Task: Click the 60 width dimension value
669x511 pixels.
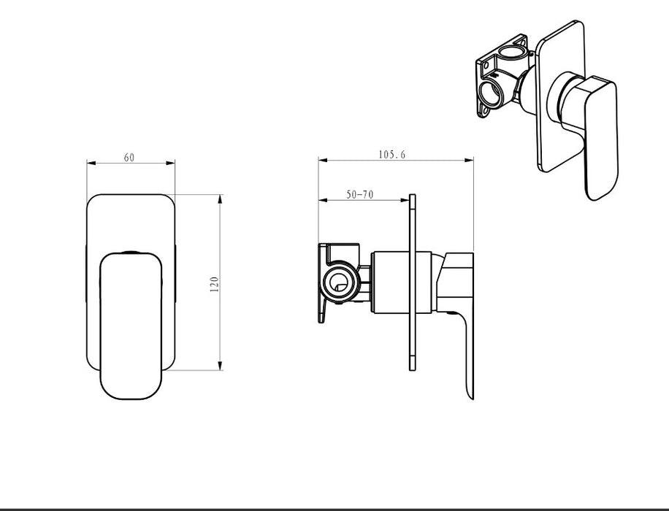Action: click(129, 158)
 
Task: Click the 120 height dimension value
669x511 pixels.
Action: click(214, 284)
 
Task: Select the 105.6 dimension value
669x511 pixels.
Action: click(392, 155)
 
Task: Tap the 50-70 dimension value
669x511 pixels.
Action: click(359, 194)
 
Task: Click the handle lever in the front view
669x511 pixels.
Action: click(131, 326)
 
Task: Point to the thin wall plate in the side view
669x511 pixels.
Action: click(412, 283)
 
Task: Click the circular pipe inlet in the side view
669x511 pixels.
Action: click(339, 282)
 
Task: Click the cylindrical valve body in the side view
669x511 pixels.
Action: click(400, 283)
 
